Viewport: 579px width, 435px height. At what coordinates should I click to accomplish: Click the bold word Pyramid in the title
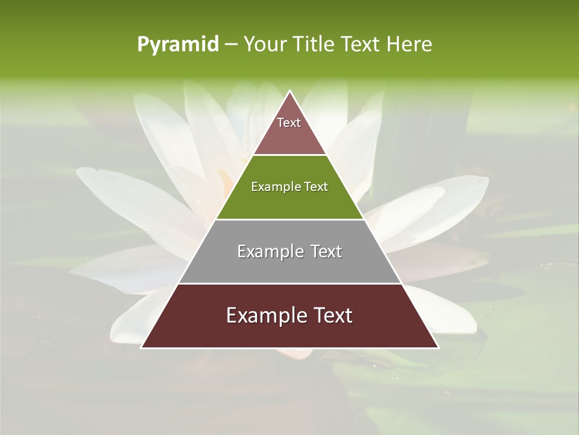(x=177, y=45)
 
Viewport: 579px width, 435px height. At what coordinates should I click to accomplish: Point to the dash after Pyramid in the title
(x=231, y=45)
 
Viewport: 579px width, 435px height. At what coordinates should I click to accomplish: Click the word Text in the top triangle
(x=289, y=123)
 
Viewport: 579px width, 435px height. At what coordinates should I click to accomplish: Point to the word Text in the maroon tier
(x=332, y=315)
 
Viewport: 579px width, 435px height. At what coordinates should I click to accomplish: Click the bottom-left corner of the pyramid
(x=142, y=347)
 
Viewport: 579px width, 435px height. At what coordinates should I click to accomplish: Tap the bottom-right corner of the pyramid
(x=438, y=347)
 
